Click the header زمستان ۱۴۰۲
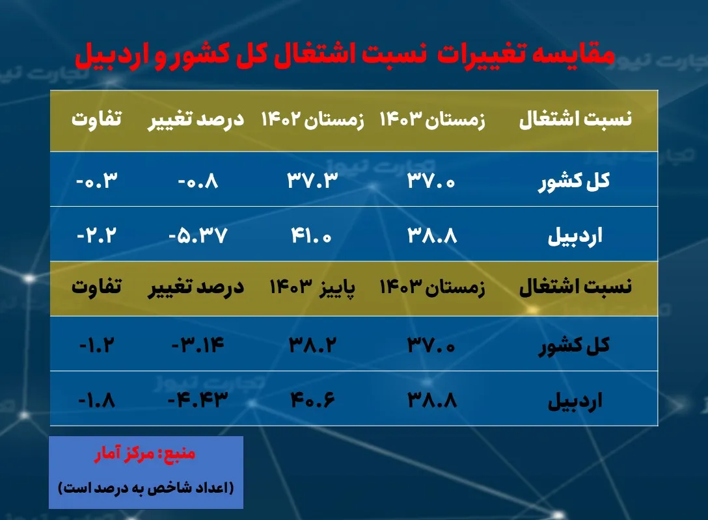coord(313,120)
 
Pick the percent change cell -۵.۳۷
coord(198,235)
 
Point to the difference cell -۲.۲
coord(98,235)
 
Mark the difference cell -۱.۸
coord(98,399)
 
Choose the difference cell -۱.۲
coord(98,344)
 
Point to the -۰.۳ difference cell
coord(98,180)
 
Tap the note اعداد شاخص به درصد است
coord(146,487)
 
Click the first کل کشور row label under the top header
coord(573,181)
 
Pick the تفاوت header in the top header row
coord(98,120)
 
